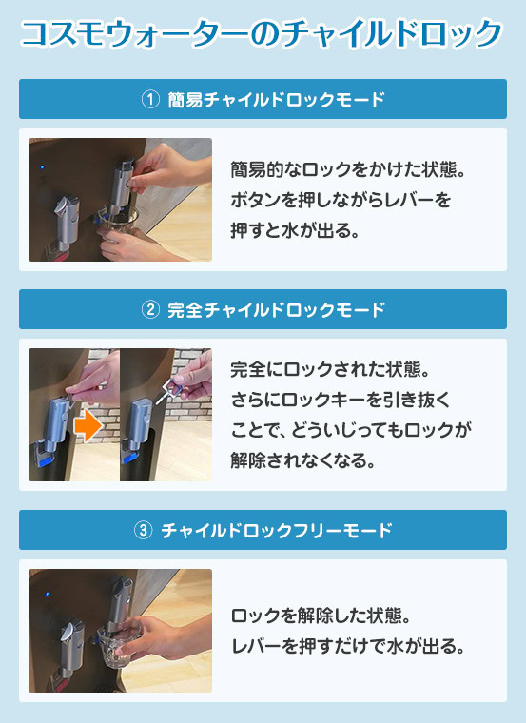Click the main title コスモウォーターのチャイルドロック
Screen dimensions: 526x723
click(x=261, y=34)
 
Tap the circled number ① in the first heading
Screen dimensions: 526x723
click(x=150, y=99)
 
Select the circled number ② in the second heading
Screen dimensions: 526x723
click(x=150, y=309)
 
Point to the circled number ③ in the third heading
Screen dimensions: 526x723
click(x=143, y=530)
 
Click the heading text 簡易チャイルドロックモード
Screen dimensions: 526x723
click(x=276, y=99)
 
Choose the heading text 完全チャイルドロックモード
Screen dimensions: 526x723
click(x=276, y=309)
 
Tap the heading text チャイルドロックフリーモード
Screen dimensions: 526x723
click(x=277, y=530)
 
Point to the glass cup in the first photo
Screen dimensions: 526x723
click(x=119, y=221)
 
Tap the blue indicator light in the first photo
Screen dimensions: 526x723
click(x=42, y=166)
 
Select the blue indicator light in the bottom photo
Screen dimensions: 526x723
click(x=46, y=594)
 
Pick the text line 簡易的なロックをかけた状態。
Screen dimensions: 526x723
click(x=348, y=169)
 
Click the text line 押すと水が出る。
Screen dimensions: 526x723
click(x=295, y=230)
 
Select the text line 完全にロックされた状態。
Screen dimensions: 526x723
click(x=331, y=369)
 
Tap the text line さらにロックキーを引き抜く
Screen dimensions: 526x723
click(x=341, y=400)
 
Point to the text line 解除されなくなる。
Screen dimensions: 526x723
click(x=303, y=459)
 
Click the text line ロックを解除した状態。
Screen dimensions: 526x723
click(x=321, y=616)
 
